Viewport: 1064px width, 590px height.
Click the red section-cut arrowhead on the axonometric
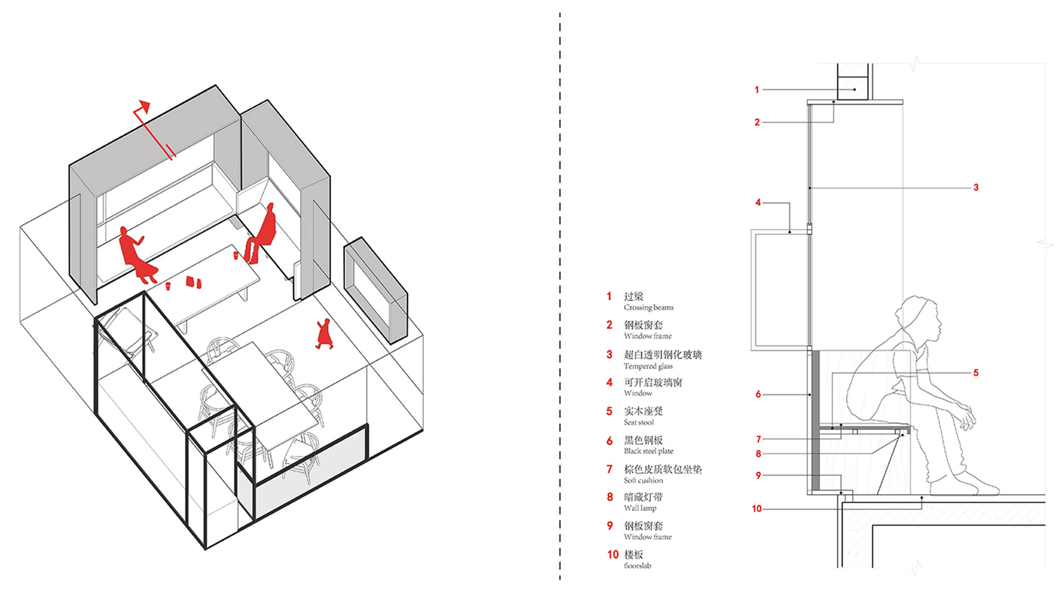pos(145,105)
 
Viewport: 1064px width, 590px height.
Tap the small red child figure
pos(324,333)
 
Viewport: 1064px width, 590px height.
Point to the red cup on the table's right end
pos(236,255)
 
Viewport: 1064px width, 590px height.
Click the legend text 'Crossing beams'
pos(648,307)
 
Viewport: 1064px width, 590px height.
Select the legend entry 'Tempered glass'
pos(648,366)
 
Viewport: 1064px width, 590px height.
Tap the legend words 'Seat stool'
pos(638,422)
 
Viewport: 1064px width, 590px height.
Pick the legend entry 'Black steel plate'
pos(648,451)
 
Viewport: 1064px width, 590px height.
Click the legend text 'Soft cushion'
pos(643,481)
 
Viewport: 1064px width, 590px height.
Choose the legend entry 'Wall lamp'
pos(640,508)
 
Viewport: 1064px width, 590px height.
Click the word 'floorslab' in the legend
pos(637,566)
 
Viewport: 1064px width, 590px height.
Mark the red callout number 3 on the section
pos(975,187)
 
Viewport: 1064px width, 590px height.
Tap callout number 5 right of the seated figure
pos(975,373)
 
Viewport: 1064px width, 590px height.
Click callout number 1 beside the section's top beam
pos(757,90)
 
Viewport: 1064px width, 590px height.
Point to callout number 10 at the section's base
pos(757,509)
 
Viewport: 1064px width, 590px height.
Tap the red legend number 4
pos(609,382)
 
